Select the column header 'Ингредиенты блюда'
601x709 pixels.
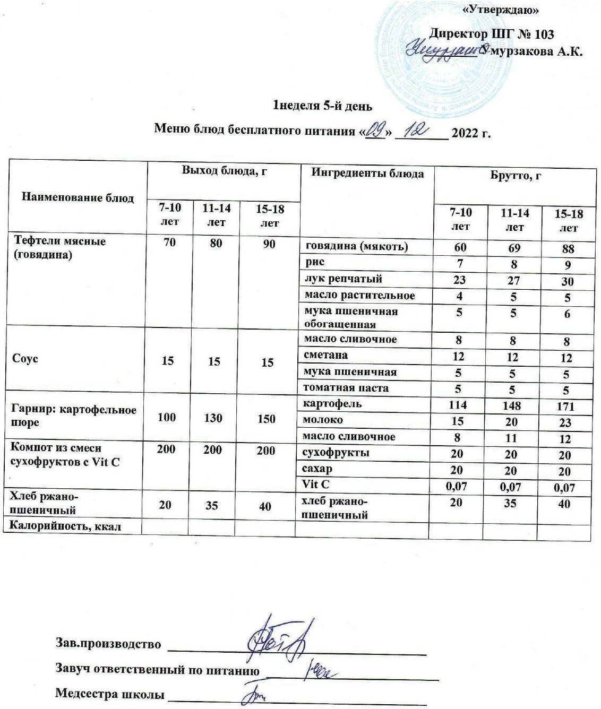pos(367,174)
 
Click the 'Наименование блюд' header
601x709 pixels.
pos(78,197)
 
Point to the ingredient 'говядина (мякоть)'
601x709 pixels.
pos(356,246)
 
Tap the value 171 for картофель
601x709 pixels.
pos(566,407)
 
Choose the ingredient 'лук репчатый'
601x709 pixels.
pos(343,279)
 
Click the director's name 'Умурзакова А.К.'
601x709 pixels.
pos(531,51)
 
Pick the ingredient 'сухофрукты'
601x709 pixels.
pos(336,453)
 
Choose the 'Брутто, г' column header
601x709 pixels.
pos(515,176)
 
